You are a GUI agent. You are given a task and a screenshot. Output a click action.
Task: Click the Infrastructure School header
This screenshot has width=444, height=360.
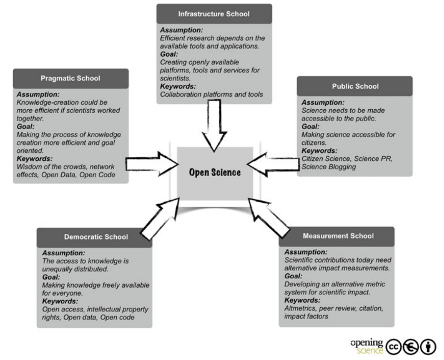[x=214, y=14]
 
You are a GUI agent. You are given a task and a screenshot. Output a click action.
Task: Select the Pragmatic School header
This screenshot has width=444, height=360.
[x=71, y=78]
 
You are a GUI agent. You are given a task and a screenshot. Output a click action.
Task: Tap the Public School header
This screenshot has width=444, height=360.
[x=355, y=86]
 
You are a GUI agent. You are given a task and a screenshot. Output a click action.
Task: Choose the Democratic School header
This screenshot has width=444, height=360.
[x=96, y=237]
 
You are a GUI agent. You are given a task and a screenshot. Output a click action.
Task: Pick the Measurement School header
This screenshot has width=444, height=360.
[x=338, y=236]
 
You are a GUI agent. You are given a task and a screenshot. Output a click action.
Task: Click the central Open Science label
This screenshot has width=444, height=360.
[x=215, y=172]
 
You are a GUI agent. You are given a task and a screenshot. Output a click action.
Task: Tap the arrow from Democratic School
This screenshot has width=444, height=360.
[x=158, y=219]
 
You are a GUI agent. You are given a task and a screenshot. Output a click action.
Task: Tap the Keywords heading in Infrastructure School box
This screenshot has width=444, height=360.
[x=178, y=86]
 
